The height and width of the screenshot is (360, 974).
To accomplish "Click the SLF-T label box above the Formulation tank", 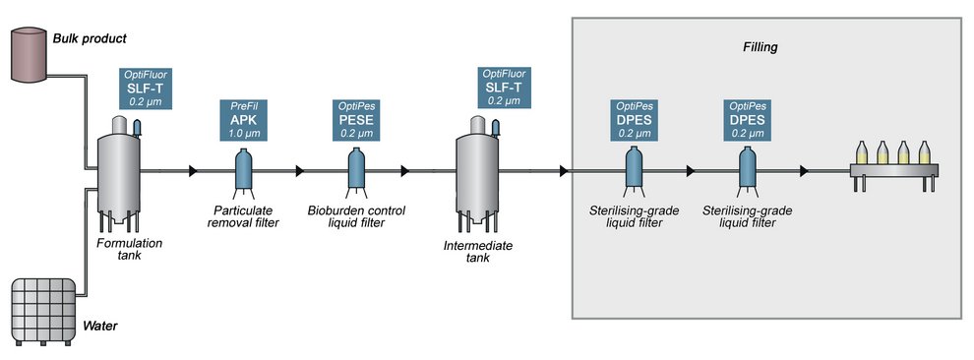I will (145, 88).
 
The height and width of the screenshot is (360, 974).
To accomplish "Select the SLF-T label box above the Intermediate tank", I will (505, 88).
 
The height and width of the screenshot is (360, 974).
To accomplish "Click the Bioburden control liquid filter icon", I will (355, 169).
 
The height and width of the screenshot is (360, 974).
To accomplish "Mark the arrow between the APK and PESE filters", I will (300, 171).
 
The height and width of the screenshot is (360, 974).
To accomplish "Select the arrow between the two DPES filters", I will (692, 171).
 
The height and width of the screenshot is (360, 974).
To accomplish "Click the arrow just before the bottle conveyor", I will (805, 171).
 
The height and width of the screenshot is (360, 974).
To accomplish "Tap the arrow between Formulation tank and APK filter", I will (193, 171).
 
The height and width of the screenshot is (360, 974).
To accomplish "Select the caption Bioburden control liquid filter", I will (355, 216).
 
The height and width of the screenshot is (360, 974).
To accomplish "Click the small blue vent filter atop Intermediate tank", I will (497, 126).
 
